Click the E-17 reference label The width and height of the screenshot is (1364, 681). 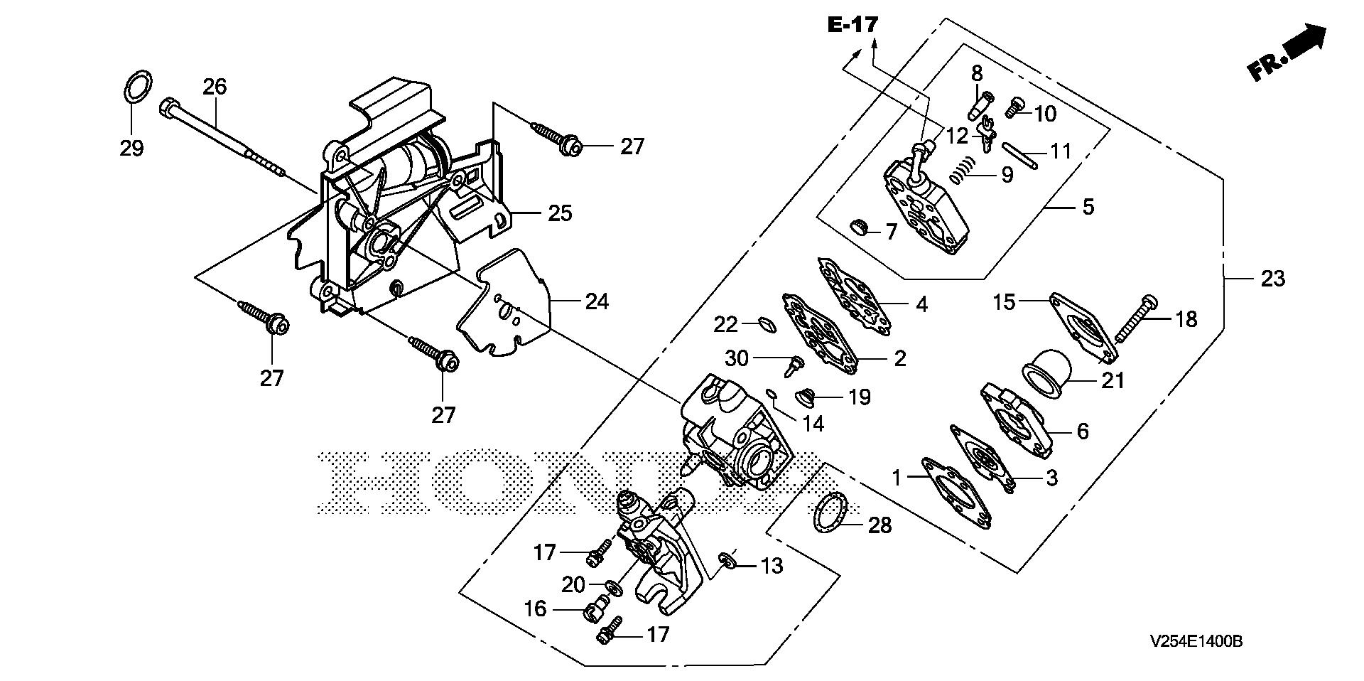[852, 25]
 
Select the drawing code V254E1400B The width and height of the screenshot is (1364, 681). [1196, 642]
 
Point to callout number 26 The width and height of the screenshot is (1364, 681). [215, 87]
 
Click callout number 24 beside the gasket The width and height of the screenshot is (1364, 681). [596, 301]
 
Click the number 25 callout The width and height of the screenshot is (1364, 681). [560, 213]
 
